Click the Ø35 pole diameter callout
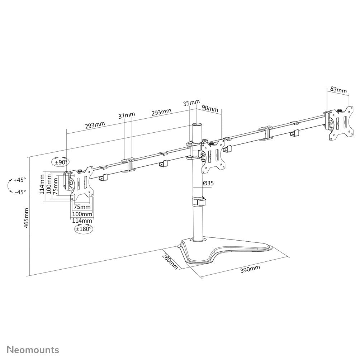(208, 183)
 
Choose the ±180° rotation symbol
(83, 228)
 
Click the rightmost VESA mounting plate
(340, 123)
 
